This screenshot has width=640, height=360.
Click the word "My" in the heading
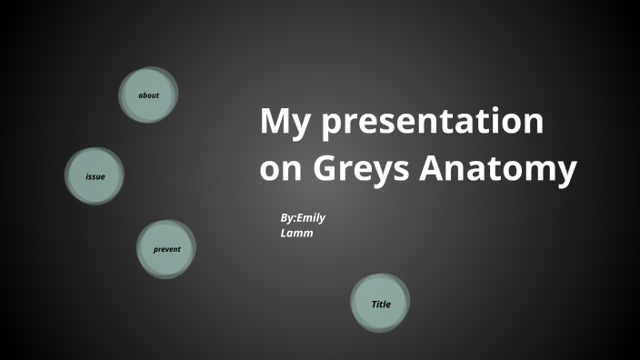click(x=283, y=123)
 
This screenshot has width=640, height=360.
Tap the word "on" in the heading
click(x=279, y=169)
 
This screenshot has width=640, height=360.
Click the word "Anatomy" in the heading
click(x=496, y=169)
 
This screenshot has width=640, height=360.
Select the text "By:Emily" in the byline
click(x=303, y=219)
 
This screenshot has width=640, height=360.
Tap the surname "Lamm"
click(x=297, y=234)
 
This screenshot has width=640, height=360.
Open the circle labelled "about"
click(x=149, y=95)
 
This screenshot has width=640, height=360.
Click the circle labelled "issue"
click(x=95, y=176)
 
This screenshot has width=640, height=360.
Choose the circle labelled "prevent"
click(x=166, y=249)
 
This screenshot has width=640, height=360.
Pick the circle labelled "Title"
click(x=380, y=304)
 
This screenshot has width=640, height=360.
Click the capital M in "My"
click(x=275, y=121)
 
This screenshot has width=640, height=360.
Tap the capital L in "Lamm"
click(x=285, y=234)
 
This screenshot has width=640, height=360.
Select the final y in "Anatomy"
click(x=566, y=173)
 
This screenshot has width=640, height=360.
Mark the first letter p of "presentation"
click(x=324, y=125)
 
